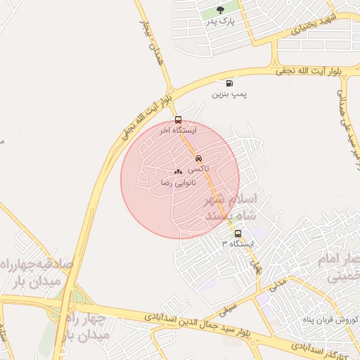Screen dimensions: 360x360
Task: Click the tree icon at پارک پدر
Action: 220,11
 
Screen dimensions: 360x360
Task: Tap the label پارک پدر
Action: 219,22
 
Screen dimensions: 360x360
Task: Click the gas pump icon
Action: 229,83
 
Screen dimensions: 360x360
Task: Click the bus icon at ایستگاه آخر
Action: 177,120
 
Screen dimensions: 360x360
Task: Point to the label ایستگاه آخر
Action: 177,131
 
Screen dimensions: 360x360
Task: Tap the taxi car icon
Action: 199,159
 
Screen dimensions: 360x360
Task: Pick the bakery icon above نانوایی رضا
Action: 178,172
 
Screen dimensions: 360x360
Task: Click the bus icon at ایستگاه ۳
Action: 238,233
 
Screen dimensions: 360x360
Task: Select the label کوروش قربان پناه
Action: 330,318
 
